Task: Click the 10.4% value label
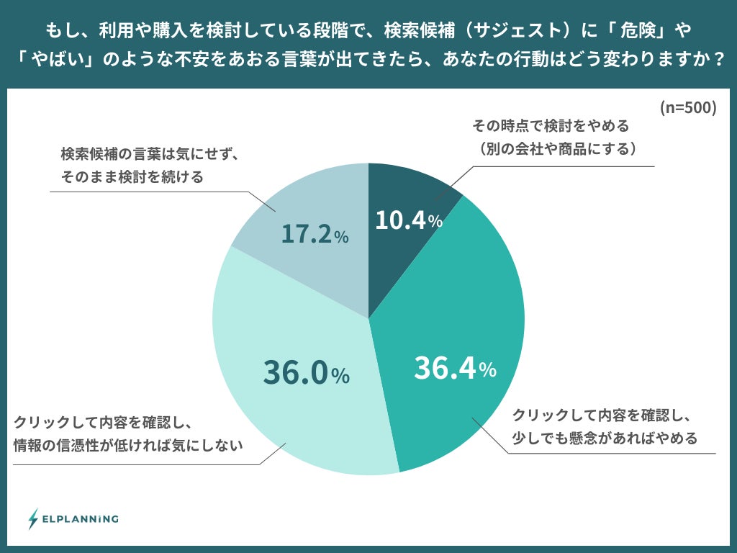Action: tap(408, 220)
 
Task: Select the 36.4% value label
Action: tap(455, 369)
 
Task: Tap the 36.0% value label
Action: tap(306, 372)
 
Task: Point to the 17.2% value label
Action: tap(315, 235)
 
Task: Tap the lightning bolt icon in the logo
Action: tap(33, 518)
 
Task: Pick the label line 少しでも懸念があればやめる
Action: tap(605, 438)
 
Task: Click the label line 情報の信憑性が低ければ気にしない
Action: tap(127, 446)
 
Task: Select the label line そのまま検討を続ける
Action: tap(132, 176)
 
